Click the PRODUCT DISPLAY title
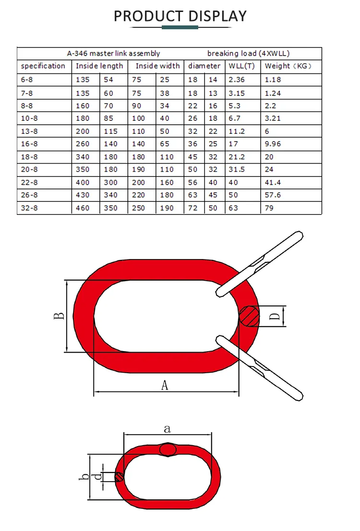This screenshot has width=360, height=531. click(x=180, y=16)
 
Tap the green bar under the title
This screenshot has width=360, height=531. click(x=180, y=28)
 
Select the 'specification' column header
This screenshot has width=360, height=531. click(x=43, y=66)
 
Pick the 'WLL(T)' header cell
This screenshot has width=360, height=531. click(x=241, y=66)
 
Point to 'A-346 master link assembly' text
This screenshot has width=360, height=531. click(x=113, y=54)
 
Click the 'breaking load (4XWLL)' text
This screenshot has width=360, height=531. click(x=248, y=54)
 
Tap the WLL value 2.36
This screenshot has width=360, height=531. click(x=237, y=80)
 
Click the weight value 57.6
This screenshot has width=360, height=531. click(x=273, y=195)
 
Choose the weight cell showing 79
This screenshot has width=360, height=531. click(x=269, y=208)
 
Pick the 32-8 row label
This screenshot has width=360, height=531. click(x=29, y=208)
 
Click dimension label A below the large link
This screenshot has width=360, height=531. click(x=165, y=385)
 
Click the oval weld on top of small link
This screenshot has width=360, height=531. click(x=168, y=449)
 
